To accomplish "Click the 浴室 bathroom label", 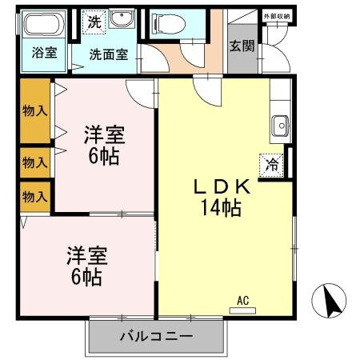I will [43, 54].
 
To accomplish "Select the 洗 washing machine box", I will [94, 22].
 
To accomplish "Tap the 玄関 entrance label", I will [242, 46].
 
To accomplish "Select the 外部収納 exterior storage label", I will [276, 16].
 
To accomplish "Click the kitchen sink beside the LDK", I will [280, 125].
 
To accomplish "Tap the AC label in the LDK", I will [243, 301].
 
